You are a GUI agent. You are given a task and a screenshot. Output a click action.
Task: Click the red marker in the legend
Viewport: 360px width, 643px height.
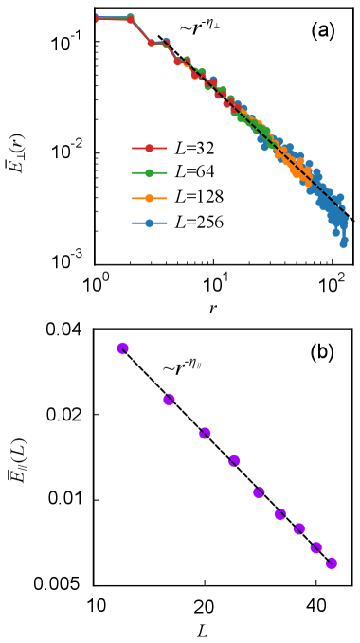pos(149,148)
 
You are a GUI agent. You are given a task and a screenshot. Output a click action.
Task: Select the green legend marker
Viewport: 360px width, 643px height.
pos(149,173)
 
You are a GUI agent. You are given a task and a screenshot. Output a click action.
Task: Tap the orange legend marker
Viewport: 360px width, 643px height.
pos(149,198)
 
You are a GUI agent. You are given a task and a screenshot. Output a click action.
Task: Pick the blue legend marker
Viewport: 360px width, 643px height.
pos(149,223)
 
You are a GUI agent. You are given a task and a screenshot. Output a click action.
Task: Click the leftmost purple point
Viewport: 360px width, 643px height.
pos(122,348)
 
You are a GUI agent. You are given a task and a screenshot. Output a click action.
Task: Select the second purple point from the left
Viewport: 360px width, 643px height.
pos(169,400)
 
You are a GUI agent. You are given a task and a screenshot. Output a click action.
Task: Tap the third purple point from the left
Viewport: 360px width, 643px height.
pos(205,433)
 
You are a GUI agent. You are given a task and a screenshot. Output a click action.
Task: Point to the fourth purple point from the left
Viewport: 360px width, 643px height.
pos(234,460)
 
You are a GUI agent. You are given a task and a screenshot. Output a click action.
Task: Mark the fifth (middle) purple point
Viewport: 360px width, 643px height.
pos(259,491)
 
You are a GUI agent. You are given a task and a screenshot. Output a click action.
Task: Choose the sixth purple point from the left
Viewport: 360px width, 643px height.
pos(279,513)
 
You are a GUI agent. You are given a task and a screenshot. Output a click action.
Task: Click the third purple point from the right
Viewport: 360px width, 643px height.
pos(299,528)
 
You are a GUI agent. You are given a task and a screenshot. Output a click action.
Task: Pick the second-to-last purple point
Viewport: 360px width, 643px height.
pos(315,546)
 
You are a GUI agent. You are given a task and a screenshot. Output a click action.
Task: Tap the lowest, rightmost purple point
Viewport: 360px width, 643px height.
pos(331,563)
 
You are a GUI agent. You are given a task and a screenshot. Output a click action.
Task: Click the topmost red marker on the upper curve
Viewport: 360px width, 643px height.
pos(130,18)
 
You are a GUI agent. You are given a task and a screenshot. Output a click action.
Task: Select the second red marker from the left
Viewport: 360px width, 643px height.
pos(151,43)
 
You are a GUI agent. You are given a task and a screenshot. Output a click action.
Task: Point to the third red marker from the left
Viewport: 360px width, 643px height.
pos(177,62)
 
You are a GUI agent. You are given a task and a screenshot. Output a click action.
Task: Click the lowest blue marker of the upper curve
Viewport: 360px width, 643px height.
pos(343,244)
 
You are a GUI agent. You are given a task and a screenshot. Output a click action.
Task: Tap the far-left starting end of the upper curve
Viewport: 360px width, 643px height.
pos(97,18)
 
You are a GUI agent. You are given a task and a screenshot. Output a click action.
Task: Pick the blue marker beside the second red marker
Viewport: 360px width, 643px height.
pos(166,42)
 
